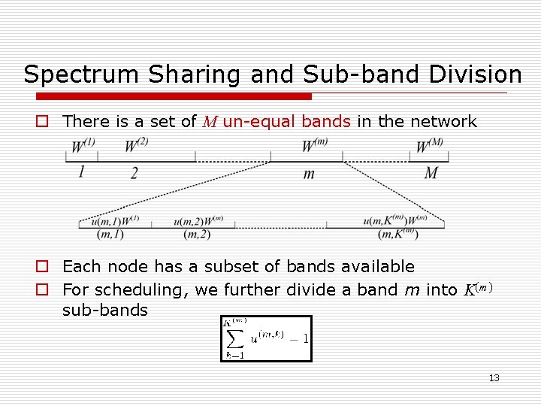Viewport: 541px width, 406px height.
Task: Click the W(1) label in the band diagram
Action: coord(83,144)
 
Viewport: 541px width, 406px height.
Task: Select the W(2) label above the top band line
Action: coord(136,144)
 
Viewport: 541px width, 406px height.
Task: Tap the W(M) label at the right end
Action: coord(430,144)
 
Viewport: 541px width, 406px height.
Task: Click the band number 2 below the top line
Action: coord(134,173)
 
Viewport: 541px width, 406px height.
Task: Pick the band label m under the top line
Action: coord(308,174)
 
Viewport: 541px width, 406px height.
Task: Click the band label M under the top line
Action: coord(431,173)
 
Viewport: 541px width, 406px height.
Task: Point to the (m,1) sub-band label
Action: coord(110,235)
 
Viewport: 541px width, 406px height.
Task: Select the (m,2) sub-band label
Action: coord(196,235)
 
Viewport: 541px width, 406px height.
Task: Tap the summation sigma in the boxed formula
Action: coord(234,338)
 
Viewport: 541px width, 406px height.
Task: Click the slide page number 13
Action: coord(494,377)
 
